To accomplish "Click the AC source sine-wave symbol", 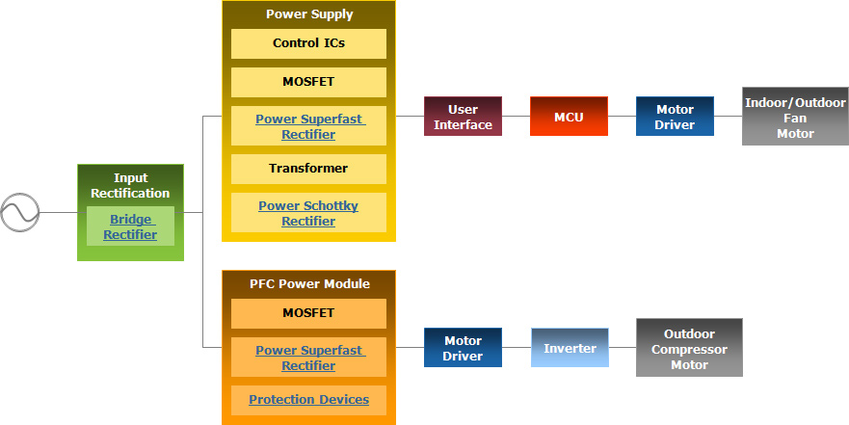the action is [20, 213].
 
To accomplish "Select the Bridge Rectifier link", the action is [130, 226].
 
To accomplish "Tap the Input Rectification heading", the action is [130, 186].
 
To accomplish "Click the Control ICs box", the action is [308, 43].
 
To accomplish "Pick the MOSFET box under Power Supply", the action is [308, 82].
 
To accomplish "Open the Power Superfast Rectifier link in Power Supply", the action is [309, 126].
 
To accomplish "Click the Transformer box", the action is [308, 169].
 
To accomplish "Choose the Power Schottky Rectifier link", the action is [308, 213].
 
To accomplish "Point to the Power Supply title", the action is [309, 14].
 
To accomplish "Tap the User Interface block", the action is [463, 117].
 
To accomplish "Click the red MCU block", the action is [570, 117].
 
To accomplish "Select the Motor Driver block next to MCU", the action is [676, 117].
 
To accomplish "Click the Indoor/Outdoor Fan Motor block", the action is [795, 117].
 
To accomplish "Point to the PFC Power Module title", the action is [309, 283].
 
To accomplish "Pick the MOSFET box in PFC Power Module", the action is [308, 313].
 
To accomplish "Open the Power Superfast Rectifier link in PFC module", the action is [309, 358].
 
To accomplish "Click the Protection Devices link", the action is [308, 400].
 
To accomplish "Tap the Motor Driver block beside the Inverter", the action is [463, 348].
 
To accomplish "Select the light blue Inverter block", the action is [570, 348].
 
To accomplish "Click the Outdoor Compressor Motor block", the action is [689, 348].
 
